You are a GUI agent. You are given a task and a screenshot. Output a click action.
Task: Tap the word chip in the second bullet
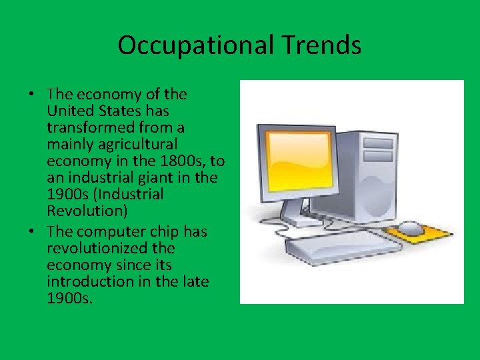(155, 231)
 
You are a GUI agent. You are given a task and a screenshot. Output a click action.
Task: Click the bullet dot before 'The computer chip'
(33, 231)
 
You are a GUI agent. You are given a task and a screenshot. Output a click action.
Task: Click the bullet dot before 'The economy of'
(33, 93)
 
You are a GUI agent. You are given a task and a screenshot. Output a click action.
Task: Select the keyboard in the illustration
(344, 250)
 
